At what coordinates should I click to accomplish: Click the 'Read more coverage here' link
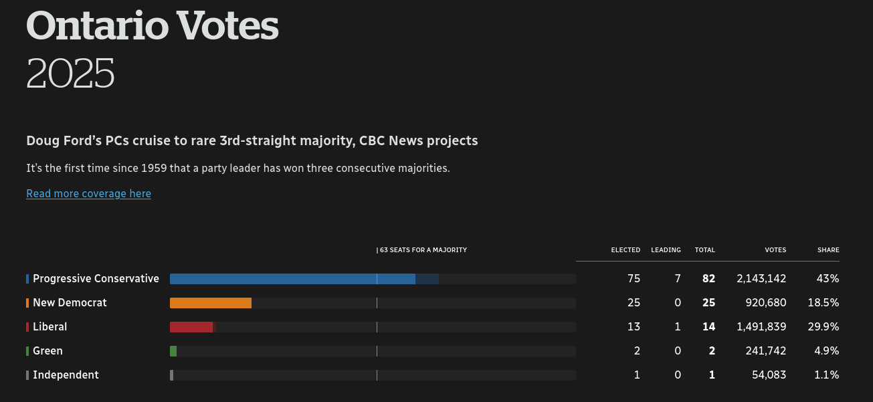(x=88, y=193)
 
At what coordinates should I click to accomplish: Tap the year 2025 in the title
(x=70, y=74)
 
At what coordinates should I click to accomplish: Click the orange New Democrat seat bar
(x=211, y=303)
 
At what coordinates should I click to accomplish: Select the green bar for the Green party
(x=173, y=351)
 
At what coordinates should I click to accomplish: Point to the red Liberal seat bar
(x=191, y=327)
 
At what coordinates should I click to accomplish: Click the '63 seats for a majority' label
(x=422, y=250)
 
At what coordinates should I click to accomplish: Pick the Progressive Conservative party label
(x=96, y=279)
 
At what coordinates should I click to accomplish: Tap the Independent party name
(x=66, y=375)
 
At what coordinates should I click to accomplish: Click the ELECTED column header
(x=625, y=250)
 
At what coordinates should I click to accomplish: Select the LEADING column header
(x=666, y=250)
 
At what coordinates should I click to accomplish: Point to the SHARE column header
(x=828, y=250)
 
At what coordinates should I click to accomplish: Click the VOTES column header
(x=775, y=250)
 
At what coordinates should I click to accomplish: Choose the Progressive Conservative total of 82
(x=708, y=279)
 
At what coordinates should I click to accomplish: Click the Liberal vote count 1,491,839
(x=761, y=327)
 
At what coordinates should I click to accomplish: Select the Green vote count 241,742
(x=766, y=351)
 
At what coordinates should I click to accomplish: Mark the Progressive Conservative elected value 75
(x=634, y=279)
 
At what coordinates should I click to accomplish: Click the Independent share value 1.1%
(x=826, y=375)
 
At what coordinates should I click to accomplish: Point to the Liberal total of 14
(x=708, y=327)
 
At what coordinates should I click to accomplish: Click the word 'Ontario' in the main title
(x=97, y=27)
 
